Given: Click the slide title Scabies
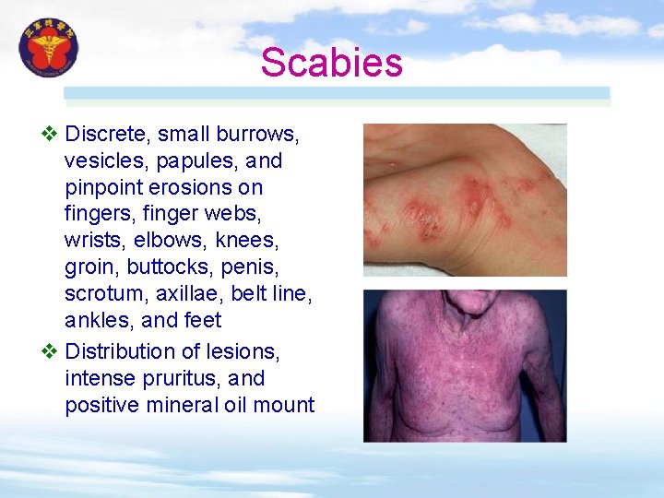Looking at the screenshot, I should pos(331,63).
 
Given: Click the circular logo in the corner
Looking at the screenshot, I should pos(49,48).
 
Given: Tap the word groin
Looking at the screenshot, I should pos(90,267).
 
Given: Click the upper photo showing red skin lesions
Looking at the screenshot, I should pos(465,200).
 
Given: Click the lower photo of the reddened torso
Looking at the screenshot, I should pos(465,365).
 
